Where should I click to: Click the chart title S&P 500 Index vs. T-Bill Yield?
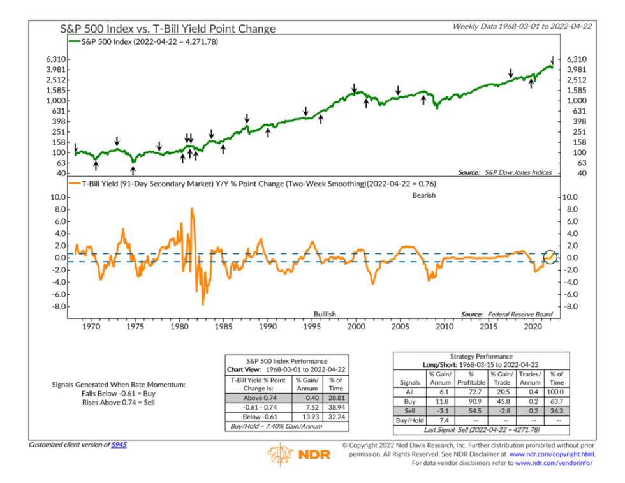pyautogui.click(x=168, y=29)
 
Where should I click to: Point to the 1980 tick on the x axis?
pyautogui.click(x=179, y=326)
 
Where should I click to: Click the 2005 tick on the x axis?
pyautogui.click(x=400, y=326)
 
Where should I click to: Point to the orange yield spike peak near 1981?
pyautogui.click(x=192, y=209)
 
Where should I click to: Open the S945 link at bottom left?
pyautogui.click(x=119, y=445)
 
